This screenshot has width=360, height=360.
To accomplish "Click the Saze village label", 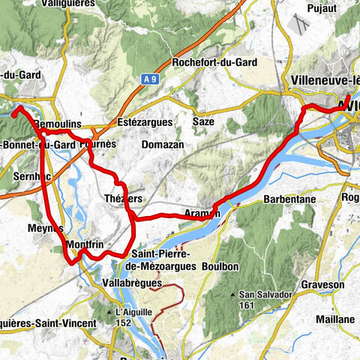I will point(204,121).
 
